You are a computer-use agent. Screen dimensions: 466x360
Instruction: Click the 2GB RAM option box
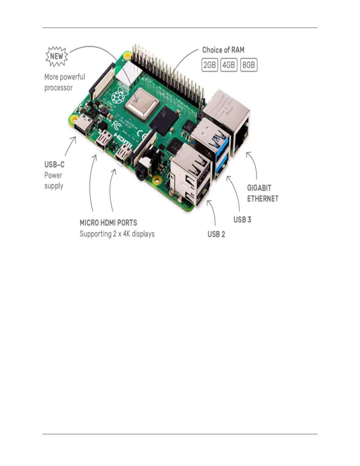pos(210,65)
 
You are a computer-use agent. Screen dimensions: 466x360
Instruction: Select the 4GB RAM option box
pos(229,65)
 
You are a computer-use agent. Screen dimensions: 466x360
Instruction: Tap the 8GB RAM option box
pos(249,65)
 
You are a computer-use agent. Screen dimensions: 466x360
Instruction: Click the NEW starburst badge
pos(57,56)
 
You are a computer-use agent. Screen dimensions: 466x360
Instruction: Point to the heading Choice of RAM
pos(223,50)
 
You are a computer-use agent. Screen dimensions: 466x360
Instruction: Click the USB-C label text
pos(54,164)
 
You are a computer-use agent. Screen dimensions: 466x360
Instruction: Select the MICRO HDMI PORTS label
pos(108,223)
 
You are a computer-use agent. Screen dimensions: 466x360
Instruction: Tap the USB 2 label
pos(216,234)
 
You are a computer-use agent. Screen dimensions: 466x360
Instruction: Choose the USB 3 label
pos(242,220)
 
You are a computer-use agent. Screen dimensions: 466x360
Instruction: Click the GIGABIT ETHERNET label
pos(263,193)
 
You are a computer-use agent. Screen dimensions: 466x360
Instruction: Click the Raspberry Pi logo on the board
pos(117,96)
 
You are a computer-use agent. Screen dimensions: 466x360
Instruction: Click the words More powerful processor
pos(64,82)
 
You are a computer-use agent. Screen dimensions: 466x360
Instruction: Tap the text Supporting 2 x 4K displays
pos(117,234)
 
